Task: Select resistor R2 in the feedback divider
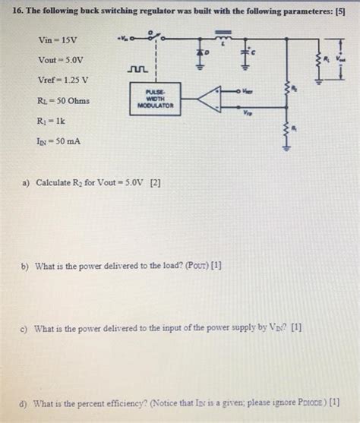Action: coord(288,93)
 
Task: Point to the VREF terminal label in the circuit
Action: coord(248,90)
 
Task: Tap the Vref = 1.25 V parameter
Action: coord(63,80)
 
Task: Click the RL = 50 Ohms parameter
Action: coord(63,100)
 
